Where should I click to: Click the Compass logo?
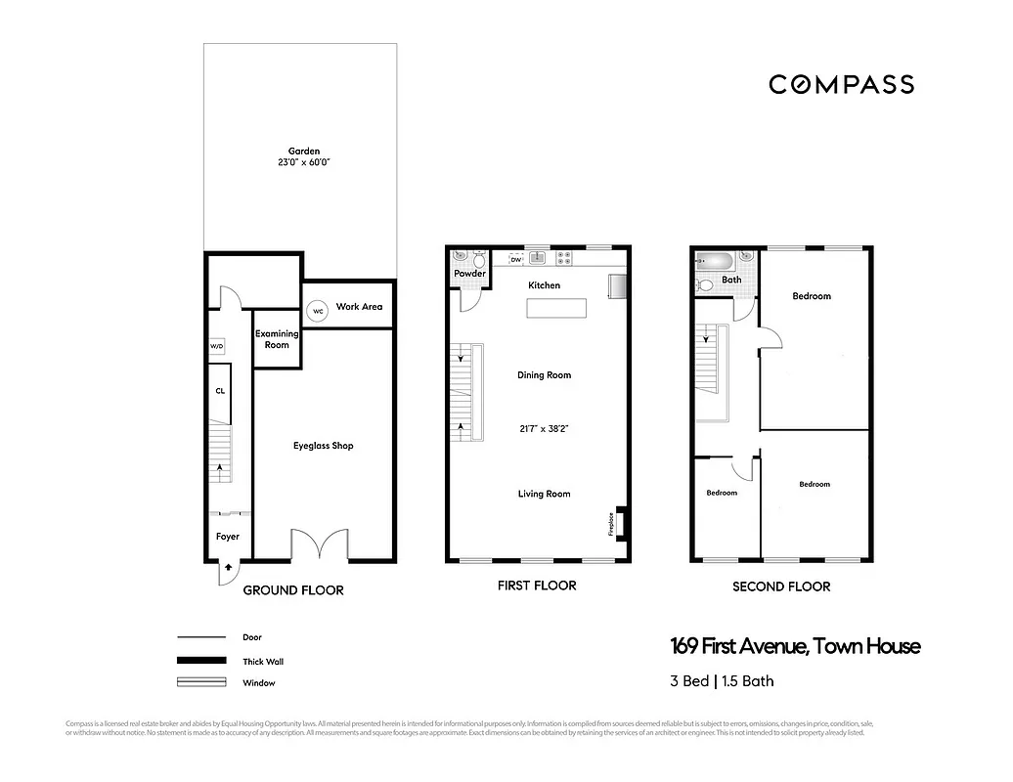tap(841, 84)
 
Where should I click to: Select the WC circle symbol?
tap(317, 311)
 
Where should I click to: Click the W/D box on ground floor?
tap(216, 347)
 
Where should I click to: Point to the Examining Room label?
tap(277, 339)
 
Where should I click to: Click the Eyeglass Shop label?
tap(324, 446)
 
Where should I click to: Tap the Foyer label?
tap(228, 537)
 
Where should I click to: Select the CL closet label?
tap(220, 391)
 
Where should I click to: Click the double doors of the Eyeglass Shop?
tap(320, 544)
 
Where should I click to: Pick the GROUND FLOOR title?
tap(292, 590)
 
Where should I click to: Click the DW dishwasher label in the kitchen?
tap(515, 260)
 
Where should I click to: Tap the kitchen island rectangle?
tap(557, 309)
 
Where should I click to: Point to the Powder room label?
tap(470, 274)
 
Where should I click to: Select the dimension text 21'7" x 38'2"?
tap(545, 428)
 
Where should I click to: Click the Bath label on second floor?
tap(731, 280)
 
